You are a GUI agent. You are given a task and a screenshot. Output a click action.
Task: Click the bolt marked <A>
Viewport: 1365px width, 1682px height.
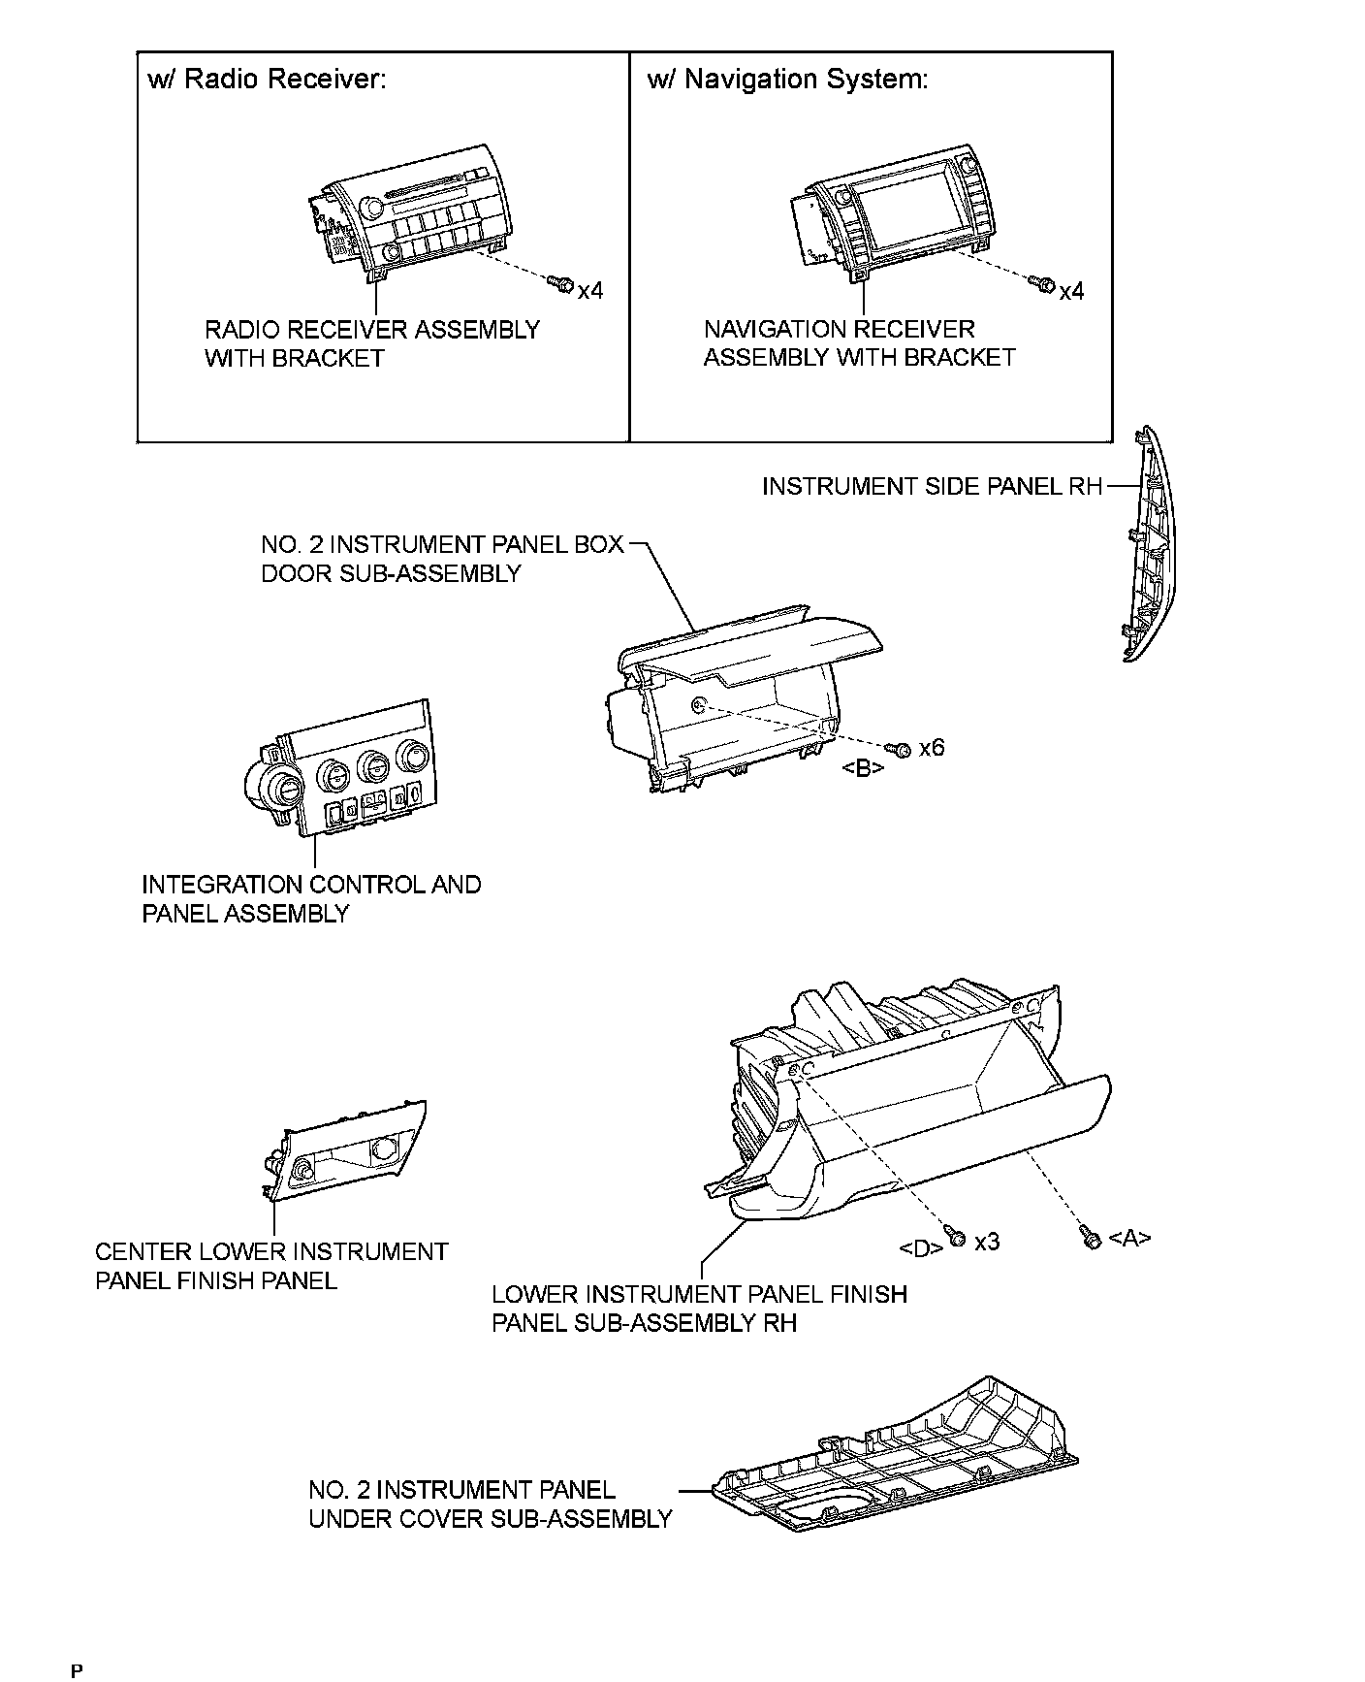1089,1238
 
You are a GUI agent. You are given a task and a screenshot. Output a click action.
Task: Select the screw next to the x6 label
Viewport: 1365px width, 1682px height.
899,749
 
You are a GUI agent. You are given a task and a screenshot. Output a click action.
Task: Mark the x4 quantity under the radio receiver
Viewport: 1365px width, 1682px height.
589,290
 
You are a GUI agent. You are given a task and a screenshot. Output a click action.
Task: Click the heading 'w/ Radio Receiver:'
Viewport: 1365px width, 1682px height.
267,80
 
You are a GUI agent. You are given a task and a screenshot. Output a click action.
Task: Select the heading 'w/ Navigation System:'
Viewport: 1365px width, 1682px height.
787,80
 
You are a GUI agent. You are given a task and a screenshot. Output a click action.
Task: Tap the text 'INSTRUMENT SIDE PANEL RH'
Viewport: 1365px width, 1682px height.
932,486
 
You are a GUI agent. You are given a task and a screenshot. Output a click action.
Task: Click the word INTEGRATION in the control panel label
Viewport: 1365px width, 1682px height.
222,885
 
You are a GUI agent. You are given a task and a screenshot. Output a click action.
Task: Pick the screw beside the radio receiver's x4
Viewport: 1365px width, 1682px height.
560,283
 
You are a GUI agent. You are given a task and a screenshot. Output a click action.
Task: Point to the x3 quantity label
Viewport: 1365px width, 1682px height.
987,1242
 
